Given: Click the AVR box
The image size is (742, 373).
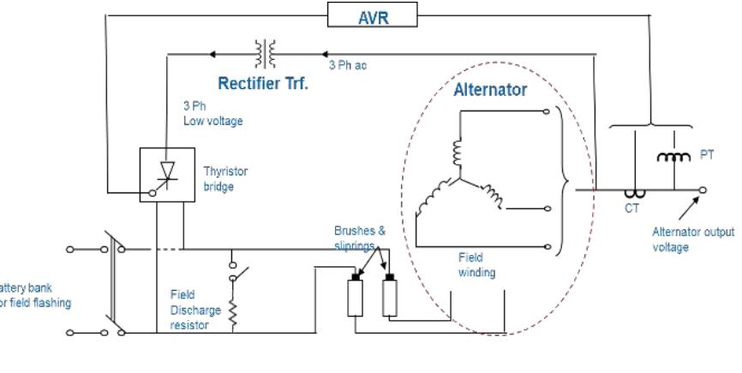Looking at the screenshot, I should (373, 14).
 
